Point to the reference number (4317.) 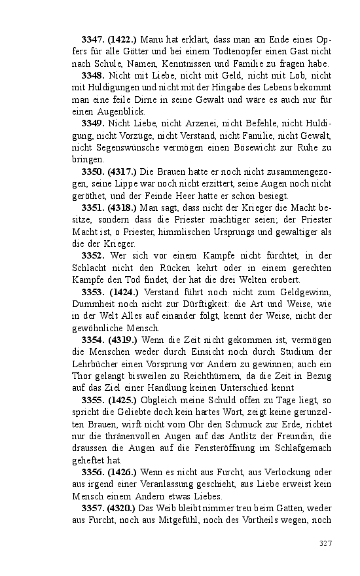(x=124, y=171)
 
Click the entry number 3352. (x=94, y=255)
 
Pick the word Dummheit (x=92, y=303)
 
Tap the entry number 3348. (x=94, y=76)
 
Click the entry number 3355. (x=94, y=399)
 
